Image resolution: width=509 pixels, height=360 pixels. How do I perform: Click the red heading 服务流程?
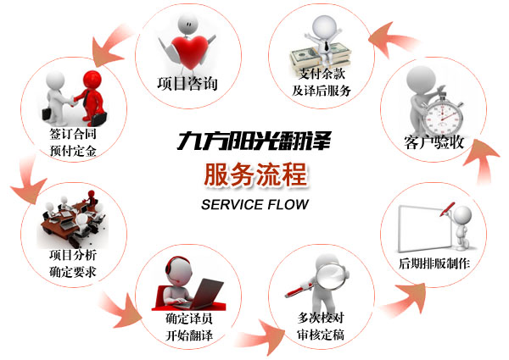[255, 171]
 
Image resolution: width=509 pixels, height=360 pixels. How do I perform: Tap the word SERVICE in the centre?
[229, 204]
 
